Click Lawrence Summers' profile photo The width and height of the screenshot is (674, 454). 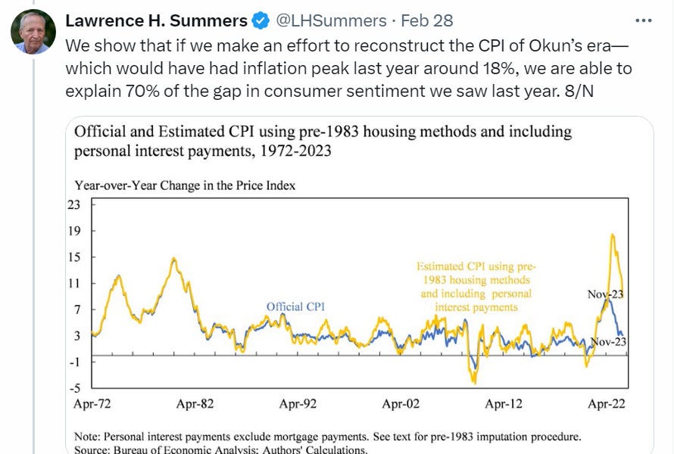(32, 31)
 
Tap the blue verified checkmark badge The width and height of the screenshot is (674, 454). (258, 20)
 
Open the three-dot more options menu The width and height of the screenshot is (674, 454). (641, 20)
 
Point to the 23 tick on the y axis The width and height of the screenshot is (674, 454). (73, 204)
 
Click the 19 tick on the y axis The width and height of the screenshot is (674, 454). (73, 231)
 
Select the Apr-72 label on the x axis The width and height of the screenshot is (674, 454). (92, 404)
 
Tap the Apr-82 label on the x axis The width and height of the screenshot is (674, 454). (195, 404)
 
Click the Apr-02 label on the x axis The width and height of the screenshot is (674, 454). (401, 404)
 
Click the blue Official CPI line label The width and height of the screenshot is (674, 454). (295, 306)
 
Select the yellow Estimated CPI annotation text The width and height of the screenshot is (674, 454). (476, 287)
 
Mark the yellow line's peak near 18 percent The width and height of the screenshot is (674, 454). (611, 235)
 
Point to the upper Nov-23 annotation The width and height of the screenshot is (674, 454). (605, 294)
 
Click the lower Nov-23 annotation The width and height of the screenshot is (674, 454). (609, 341)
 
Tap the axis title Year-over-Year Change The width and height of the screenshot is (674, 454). (184, 185)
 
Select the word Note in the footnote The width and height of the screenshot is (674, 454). (88, 437)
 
